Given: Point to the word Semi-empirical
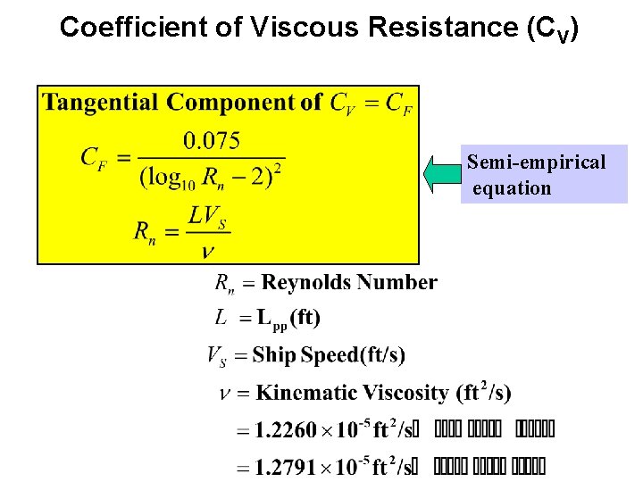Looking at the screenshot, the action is point(536,162).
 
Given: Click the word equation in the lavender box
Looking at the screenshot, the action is point(512,188).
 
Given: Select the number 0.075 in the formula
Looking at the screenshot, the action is point(212,140).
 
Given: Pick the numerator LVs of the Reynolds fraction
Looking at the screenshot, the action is point(207,216).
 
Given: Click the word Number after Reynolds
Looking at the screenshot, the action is point(398,283).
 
